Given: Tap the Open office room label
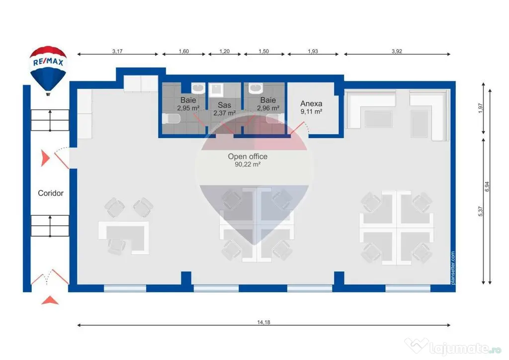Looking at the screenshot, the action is coord(248,157).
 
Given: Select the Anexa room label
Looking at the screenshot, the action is coord(311,103).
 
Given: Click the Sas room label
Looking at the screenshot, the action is coord(224,105).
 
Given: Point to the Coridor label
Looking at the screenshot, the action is coord(51,193).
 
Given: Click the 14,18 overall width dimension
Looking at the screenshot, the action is coord(263,322).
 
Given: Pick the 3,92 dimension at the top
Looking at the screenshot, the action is coord(397,51).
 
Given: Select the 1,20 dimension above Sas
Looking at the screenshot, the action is coord(224,51).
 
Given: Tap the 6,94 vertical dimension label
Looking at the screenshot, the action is coord(487,186).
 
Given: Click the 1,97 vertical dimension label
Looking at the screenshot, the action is coord(481,108).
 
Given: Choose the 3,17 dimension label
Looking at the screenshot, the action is coord(117,51).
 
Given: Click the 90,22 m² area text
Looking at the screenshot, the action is coord(248,165).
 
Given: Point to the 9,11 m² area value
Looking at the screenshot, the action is coord(311,112).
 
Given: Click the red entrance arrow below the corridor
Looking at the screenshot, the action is coord(50,300).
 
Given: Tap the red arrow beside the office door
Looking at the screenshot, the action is coord(45,158).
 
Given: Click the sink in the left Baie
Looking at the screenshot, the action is coord(198,89).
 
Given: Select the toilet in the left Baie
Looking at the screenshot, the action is coord(171,119).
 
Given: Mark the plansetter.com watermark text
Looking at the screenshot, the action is coord(453,268).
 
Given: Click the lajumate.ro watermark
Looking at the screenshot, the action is coord(453,347).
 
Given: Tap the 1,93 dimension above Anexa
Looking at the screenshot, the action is coord(313,51).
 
